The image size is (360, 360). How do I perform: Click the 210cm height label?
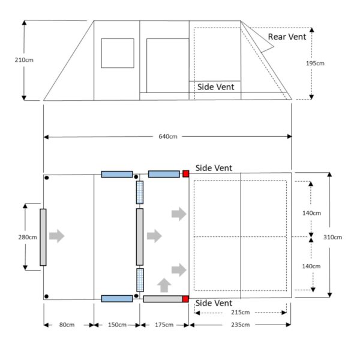pyautogui.click(x=11, y=60)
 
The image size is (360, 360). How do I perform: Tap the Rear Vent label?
pyautogui.click(x=287, y=37)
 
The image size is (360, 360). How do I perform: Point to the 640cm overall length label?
pyautogui.click(x=167, y=137)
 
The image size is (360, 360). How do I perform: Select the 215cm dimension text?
pyautogui.click(x=241, y=313)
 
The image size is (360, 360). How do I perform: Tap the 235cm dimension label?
pyautogui.click(x=239, y=325)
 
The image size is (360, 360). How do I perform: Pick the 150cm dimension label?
pyautogui.click(x=116, y=325)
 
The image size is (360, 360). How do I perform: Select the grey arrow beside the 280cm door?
pyautogui.click(x=56, y=236)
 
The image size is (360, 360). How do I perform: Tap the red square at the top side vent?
pyautogui.click(x=185, y=174)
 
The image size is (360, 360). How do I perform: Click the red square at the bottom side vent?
pyautogui.click(x=185, y=299)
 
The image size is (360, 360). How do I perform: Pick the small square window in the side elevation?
pyautogui.click(x=117, y=53)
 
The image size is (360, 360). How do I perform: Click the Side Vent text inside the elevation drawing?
pyautogui.click(x=215, y=87)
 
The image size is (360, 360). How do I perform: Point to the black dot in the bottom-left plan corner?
pyautogui.click(x=47, y=295)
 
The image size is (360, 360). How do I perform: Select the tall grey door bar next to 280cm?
pyautogui.click(x=43, y=236)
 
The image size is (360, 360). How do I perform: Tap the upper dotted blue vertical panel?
pyautogui.click(x=140, y=193)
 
